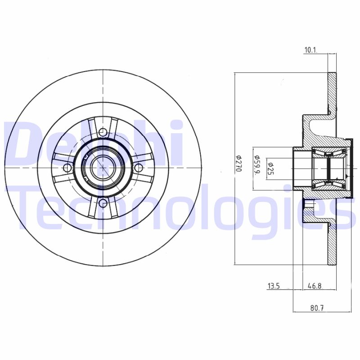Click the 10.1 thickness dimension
(x=311, y=50)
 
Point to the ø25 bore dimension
(x=271, y=168)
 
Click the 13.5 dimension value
(x=274, y=285)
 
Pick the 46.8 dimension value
(x=315, y=285)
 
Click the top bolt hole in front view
(x=103, y=132)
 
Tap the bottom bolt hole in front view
(x=103, y=203)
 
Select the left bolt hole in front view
(x=67, y=168)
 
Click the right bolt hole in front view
(x=139, y=168)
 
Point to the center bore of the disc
(x=103, y=168)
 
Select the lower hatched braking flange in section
(x=332, y=245)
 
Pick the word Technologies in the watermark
(x=180, y=209)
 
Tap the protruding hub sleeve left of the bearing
(x=299, y=168)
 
